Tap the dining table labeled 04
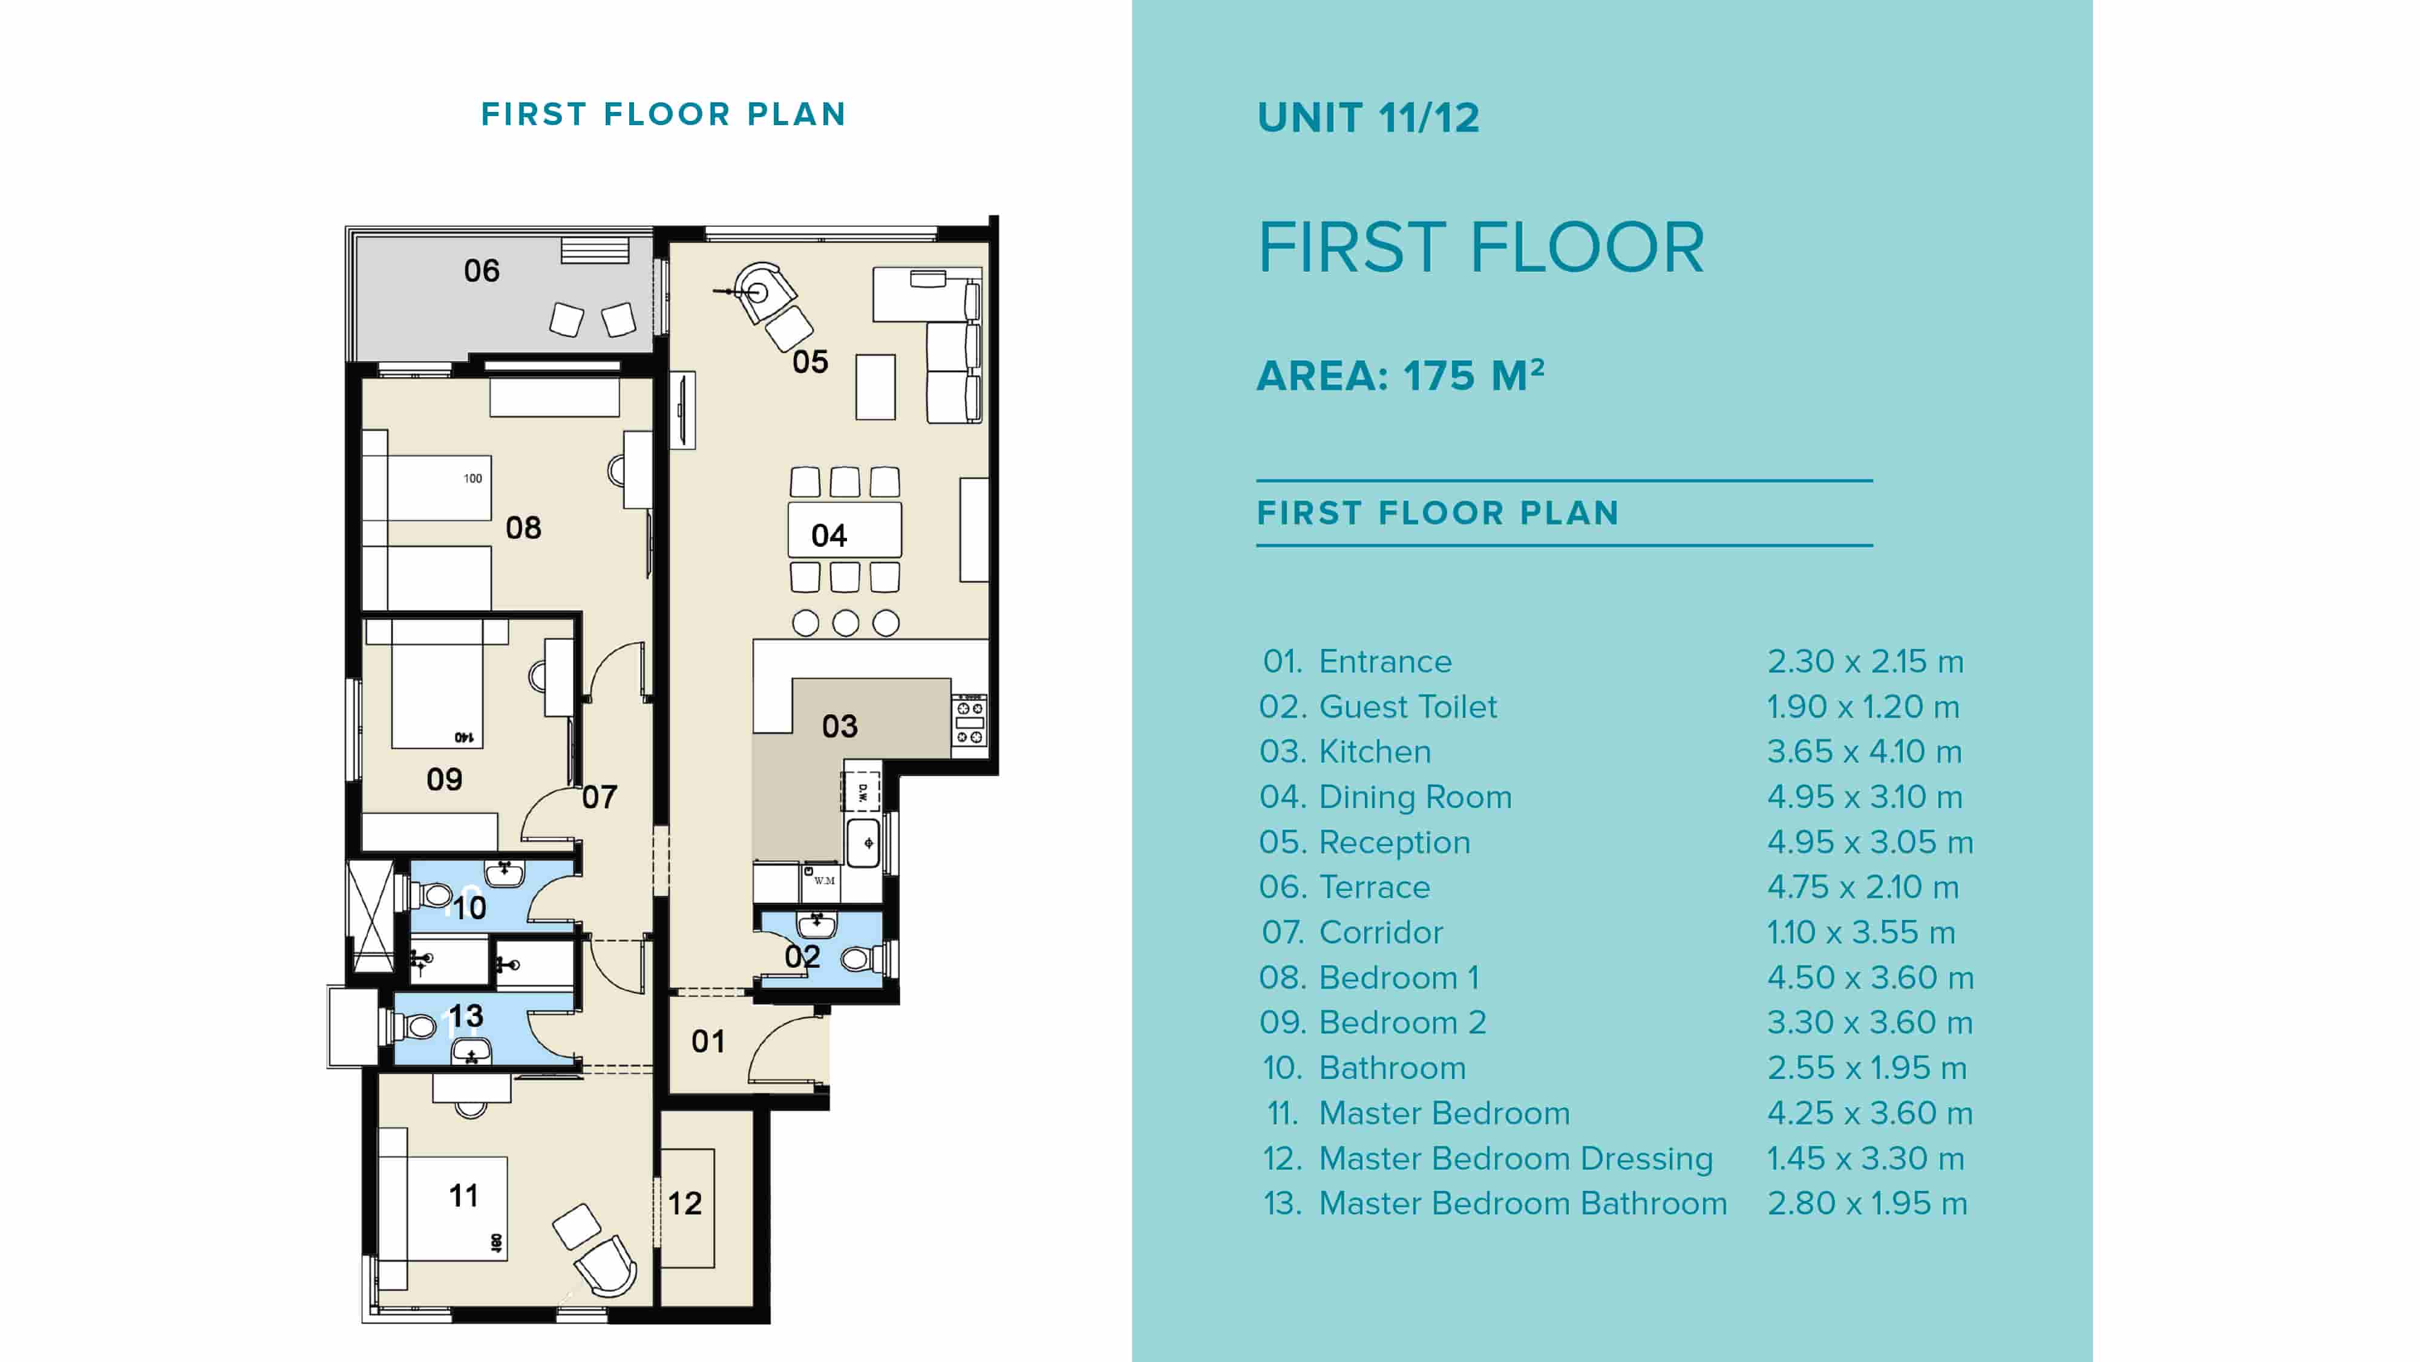[843, 531]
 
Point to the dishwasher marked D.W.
[860, 792]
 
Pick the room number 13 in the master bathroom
[465, 1015]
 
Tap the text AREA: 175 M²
[1400, 376]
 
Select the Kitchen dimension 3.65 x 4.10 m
[1864, 751]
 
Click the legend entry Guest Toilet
[1407, 706]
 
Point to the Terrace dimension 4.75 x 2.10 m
[1862, 887]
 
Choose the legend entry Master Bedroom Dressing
[1516, 1158]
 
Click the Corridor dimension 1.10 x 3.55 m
[1860, 932]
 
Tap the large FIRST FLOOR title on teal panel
[1480, 248]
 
